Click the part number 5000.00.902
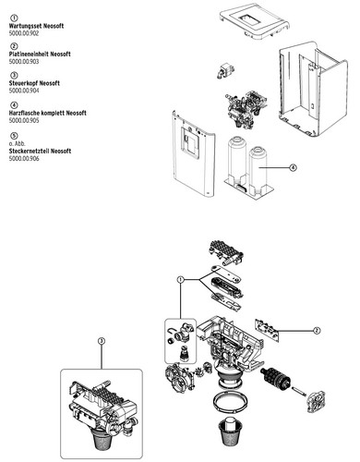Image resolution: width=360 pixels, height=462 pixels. click(x=24, y=33)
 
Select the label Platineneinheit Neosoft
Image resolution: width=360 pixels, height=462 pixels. click(x=40, y=55)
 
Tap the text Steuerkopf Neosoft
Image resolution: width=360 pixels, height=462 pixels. click(x=34, y=83)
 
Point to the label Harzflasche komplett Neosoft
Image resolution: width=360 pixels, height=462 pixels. click(x=48, y=113)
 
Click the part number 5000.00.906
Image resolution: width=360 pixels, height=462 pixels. click(x=24, y=159)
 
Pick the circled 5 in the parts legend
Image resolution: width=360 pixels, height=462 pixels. click(x=14, y=136)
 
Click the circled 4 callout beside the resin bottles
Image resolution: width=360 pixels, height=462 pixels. click(x=293, y=167)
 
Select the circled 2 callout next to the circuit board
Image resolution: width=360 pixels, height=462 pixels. click(x=317, y=331)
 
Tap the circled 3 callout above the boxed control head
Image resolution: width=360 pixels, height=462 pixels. click(x=102, y=341)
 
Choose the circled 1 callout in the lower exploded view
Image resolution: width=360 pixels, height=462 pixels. click(x=181, y=279)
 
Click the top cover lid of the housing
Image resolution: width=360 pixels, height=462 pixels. click(x=255, y=20)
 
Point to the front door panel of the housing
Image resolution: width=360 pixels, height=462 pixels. click(x=193, y=154)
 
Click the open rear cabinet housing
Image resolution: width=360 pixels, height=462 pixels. click(x=312, y=89)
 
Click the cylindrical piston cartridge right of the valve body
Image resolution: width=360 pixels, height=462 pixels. click(x=276, y=380)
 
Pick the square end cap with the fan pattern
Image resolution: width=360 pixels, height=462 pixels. click(x=316, y=401)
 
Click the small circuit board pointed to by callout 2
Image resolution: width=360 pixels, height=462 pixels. click(x=267, y=330)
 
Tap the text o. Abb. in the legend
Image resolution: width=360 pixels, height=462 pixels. click(x=17, y=144)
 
